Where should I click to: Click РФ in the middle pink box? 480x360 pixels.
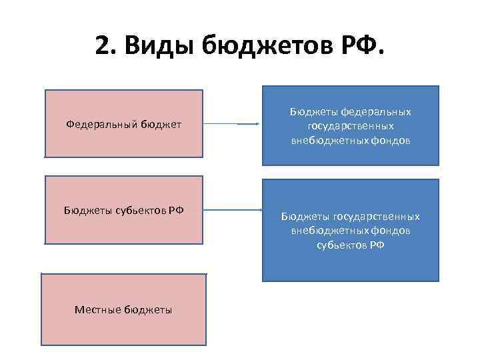[x=176, y=210]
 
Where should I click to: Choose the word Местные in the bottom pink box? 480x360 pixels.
[x=98, y=309]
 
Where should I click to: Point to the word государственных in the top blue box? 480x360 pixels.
[x=351, y=125]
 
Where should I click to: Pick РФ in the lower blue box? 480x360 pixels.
[x=377, y=245]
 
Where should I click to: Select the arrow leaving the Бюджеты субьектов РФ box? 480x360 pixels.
[x=230, y=210]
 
